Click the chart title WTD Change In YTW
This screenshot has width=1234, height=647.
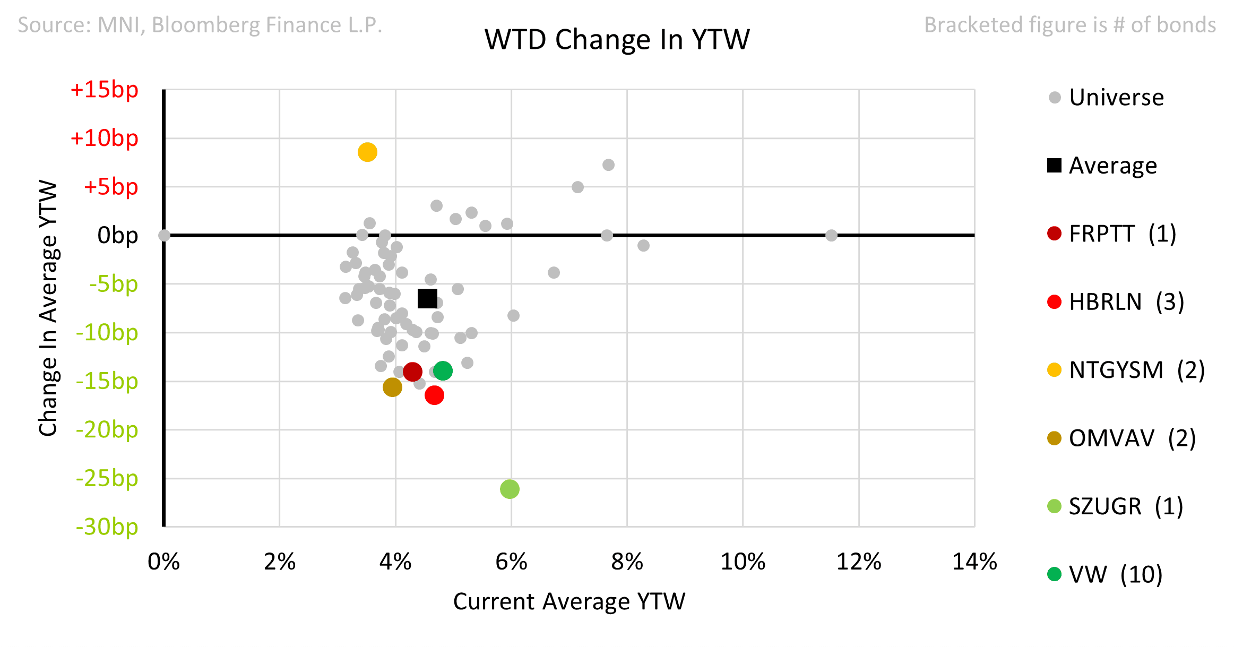[x=617, y=39]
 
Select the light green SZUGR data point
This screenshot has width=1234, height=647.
[x=510, y=489]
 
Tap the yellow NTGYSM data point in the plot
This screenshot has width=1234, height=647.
[x=367, y=152]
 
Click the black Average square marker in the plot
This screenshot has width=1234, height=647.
[x=427, y=298]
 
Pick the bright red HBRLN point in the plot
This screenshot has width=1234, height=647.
[x=434, y=395]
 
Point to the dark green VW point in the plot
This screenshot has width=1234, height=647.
[x=443, y=370]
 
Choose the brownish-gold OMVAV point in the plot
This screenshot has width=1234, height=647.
[x=392, y=387]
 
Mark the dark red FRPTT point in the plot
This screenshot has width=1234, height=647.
[x=412, y=372]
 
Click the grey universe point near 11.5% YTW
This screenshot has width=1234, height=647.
[x=831, y=235]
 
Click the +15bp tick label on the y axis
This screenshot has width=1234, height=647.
[x=105, y=90]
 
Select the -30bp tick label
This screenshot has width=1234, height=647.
[x=107, y=527]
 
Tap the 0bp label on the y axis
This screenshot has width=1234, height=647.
[x=117, y=235]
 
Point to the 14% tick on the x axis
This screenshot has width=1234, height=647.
[x=974, y=562]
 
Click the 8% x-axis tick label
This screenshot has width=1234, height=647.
[x=627, y=562]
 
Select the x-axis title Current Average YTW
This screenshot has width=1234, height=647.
[x=569, y=601]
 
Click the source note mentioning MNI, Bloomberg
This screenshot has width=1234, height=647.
[x=200, y=25]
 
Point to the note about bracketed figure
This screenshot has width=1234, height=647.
[x=1069, y=25]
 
